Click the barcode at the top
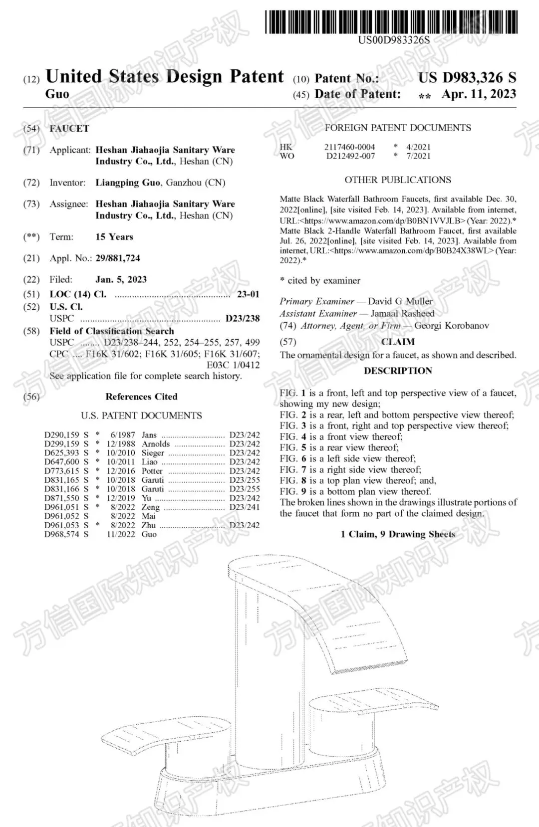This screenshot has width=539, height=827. pos(392,22)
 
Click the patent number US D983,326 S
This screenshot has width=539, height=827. pos(467,77)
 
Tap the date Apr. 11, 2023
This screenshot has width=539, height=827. pos(479,94)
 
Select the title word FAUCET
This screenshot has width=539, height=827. pos(69,129)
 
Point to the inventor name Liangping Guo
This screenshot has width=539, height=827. pos(128,183)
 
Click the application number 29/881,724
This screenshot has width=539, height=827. pos(118,258)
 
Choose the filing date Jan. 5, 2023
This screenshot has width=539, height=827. pos(121,279)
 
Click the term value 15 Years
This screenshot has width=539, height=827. pos(114,237)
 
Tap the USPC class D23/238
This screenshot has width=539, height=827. pos(243,318)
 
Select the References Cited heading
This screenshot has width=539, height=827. pos(141,397)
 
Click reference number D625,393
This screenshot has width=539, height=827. pos(62,453)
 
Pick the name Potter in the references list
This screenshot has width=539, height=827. pos(152,471)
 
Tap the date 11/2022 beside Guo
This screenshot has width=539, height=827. pos(121,534)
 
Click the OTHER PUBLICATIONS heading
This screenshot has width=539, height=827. pos(398,180)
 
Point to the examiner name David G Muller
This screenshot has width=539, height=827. pos(400,301)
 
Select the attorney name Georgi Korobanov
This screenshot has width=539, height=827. pos(452,326)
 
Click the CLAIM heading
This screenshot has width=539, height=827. pos(398,342)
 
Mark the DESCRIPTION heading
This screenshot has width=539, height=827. pos(398,371)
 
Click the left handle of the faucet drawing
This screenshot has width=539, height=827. pos(165,733)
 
